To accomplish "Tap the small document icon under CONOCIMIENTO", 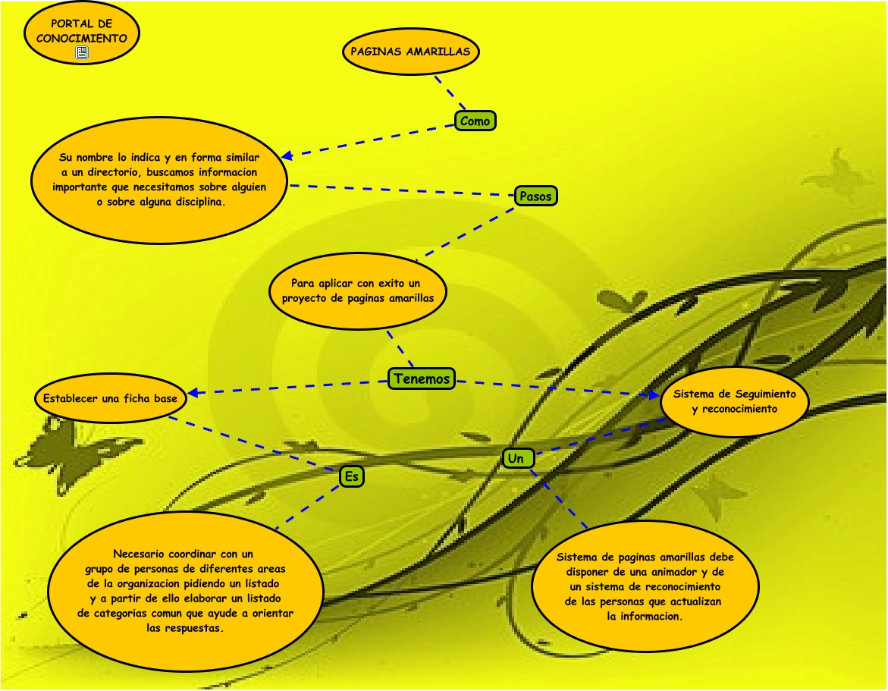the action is pos(82,52).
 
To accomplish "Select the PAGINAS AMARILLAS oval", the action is pos(410,52).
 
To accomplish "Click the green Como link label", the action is pos(475,121).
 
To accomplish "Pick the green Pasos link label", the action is pos(535,196).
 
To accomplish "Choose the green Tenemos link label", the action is pos(422,378).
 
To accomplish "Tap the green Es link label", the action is pos(352,476).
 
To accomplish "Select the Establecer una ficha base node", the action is pos(111,398).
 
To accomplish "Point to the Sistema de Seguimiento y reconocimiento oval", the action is pos(735,401).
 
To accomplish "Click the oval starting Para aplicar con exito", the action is pos(358,291).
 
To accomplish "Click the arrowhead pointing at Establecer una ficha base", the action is pos(193,392).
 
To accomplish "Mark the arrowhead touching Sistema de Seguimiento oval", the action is pos(654,394).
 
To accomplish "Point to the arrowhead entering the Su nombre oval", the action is pos(287,155).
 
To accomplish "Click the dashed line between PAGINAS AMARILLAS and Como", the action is pos(450,93).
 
